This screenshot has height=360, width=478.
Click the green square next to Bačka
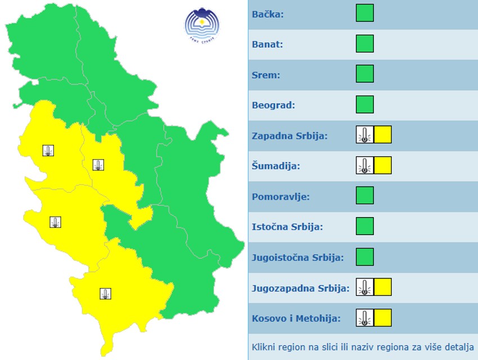(364, 13)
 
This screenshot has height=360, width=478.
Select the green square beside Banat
(364, 43)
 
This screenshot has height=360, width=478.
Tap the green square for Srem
(364, 74)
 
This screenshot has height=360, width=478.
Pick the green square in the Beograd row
(364, 104)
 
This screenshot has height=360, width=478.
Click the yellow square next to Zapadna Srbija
(382, 135)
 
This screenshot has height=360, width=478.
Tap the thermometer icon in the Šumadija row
(364, 165)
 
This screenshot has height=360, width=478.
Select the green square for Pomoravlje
(364, 196)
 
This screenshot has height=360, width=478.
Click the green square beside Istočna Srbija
(364, 226)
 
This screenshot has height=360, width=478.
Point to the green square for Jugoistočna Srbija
(364, 256)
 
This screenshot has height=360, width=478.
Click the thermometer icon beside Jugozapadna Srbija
(364, 287)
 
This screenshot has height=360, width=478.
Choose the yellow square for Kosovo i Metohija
(382, 317)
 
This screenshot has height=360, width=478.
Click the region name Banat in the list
(267, 44)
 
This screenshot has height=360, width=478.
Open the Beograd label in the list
(273, 105)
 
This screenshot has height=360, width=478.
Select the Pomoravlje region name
(281, 197)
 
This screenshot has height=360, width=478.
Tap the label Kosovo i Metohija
(296, 318)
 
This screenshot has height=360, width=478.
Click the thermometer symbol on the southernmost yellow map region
(105, 293)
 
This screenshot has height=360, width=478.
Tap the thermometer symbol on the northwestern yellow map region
(48, 150)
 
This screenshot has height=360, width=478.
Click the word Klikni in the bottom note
(264, 346)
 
